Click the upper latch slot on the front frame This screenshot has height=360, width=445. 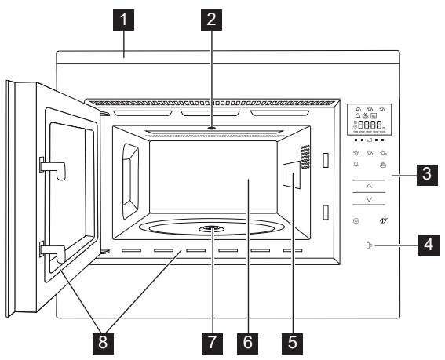pyautogui.click(x=323, y=160)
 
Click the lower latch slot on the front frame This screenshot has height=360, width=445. pyautogui.click(x=323, y=212)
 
